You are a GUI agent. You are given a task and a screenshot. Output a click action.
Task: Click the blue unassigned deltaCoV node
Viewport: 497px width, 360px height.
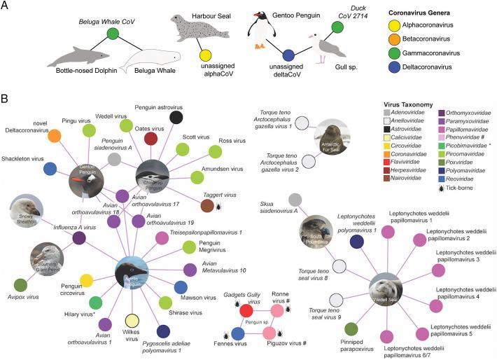point(288,55)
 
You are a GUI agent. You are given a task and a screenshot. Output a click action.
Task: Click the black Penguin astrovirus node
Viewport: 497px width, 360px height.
point(177,117)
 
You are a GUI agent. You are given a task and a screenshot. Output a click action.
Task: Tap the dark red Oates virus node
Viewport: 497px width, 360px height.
point(150,138)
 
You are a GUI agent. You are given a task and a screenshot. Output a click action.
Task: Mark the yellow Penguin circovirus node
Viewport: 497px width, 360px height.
point(87,281)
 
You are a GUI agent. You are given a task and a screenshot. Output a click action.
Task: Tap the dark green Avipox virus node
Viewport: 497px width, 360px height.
point(20,284)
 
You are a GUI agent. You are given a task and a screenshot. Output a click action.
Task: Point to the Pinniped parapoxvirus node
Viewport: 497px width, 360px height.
point(351,328)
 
